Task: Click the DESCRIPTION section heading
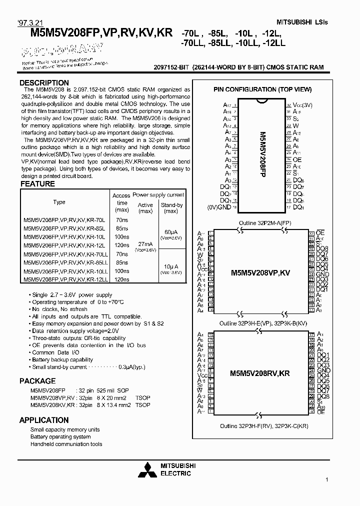44,83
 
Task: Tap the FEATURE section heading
37,184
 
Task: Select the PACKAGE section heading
37,381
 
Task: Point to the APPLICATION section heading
43,420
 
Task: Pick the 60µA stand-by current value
171,232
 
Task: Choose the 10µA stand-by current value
171,266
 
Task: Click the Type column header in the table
59,202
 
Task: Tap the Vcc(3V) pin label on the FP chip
302,105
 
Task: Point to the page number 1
326,480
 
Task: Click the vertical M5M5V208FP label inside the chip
261,155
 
